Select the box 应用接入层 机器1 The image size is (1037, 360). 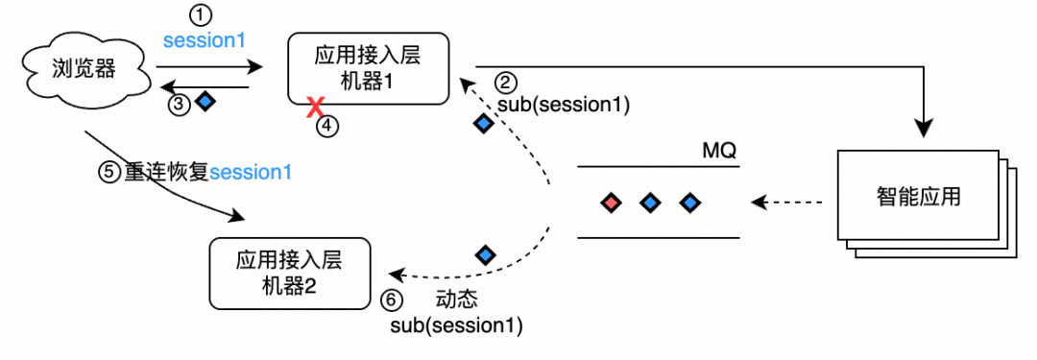pos(369,68)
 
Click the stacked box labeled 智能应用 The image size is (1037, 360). pos(918,198)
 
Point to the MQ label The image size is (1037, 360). pos(721,152)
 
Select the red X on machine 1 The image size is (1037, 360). pos(313,108)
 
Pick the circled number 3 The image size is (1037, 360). pos(180,104)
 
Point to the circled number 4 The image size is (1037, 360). pos(328,125)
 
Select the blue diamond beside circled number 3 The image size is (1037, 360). pos(205,101)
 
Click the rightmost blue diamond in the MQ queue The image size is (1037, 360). pos(688,203)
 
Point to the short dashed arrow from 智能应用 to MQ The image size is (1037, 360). pos(787,203)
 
